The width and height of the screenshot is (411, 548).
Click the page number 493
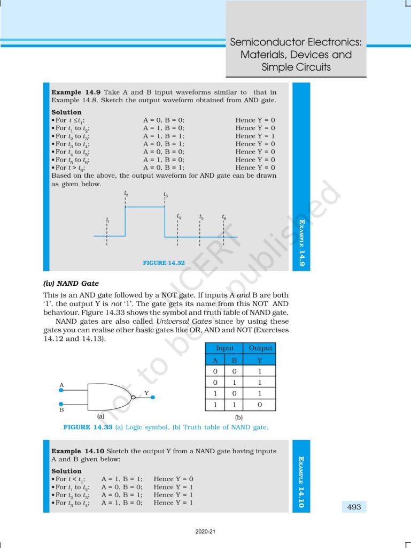point(354,507)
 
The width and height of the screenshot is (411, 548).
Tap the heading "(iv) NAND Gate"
point(71,283)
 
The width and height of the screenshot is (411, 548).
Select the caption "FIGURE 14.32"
point(164,263)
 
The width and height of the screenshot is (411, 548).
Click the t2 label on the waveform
point(126,194)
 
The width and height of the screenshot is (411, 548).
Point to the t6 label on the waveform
point(224,217)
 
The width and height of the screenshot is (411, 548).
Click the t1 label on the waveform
point(107,220)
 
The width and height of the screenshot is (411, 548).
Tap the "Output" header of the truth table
point(260,348)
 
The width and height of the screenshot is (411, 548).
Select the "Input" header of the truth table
point(224,348)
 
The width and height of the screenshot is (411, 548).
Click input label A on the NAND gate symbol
point(62,385)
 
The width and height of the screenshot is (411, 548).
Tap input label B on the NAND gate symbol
point(62,410)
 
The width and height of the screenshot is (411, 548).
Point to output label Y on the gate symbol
point(146,393)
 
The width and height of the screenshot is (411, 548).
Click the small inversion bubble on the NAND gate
point(134,398)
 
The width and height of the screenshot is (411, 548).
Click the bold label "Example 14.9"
point(73,93)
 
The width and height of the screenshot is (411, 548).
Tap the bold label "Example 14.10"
point(75,451)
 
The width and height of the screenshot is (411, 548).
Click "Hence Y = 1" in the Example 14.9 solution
point(255,136)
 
